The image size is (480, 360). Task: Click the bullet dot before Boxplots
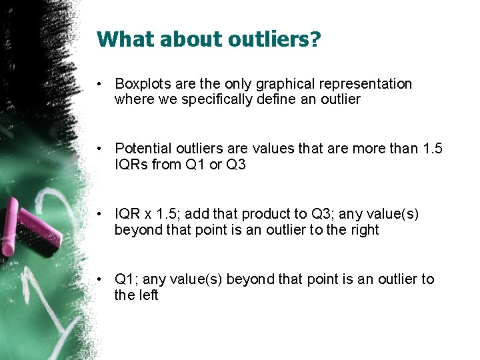pyautogui.click(x=98, y=85)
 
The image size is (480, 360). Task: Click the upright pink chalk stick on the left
pyautogui.click(x=9, y=231)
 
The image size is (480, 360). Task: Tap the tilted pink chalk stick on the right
pyautogui.click(x=41, y=225)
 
